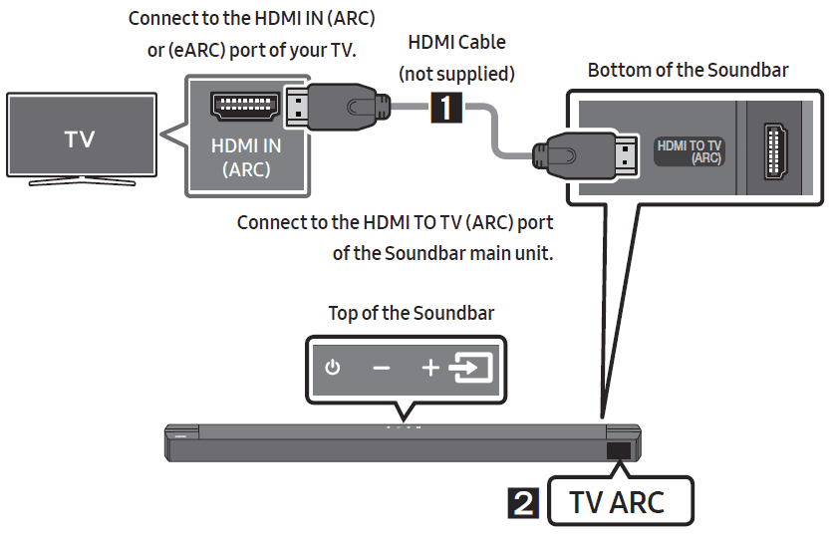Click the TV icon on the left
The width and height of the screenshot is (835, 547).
[80, 139]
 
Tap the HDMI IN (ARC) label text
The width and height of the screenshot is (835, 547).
[246, 157]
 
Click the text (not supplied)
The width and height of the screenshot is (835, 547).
[456, 73]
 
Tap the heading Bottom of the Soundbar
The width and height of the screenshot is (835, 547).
[688, 70]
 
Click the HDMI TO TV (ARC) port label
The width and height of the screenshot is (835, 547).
[690, 151]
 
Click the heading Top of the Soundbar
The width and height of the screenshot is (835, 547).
[411, 313]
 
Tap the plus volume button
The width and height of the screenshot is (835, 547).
[429, 369]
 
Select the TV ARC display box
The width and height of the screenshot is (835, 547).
[617, 502]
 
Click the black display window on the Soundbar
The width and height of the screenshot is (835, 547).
[619, 450]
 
